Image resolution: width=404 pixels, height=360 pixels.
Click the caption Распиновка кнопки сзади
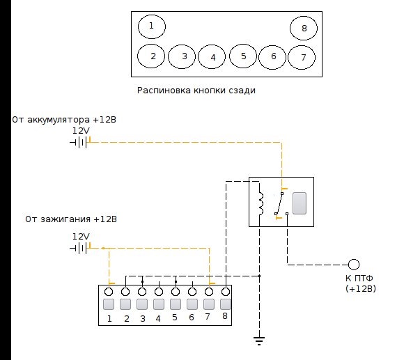point(196,91)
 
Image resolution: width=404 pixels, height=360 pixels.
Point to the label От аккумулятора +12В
point(64,120)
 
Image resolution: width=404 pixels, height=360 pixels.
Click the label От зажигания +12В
point(71,219)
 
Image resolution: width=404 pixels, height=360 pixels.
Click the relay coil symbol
point(261,203)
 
